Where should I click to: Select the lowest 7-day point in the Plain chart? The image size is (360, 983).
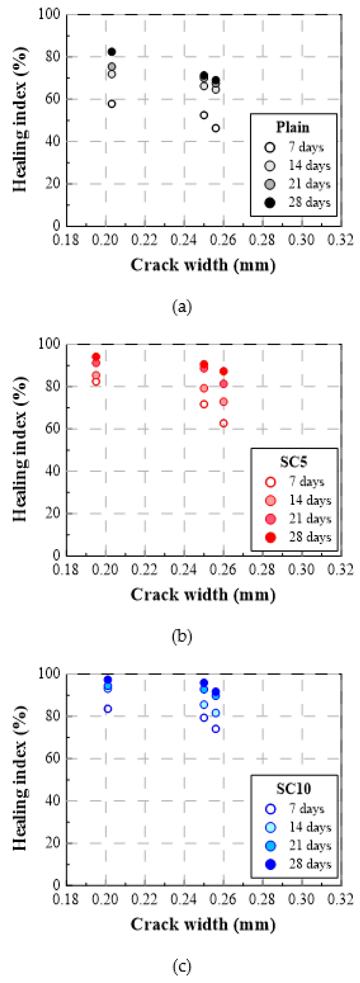click(x=216, y=128)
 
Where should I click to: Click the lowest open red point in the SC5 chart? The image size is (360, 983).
click(x=224, y=423)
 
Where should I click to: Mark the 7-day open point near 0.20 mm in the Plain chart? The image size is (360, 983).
click(x=111, y=104)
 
